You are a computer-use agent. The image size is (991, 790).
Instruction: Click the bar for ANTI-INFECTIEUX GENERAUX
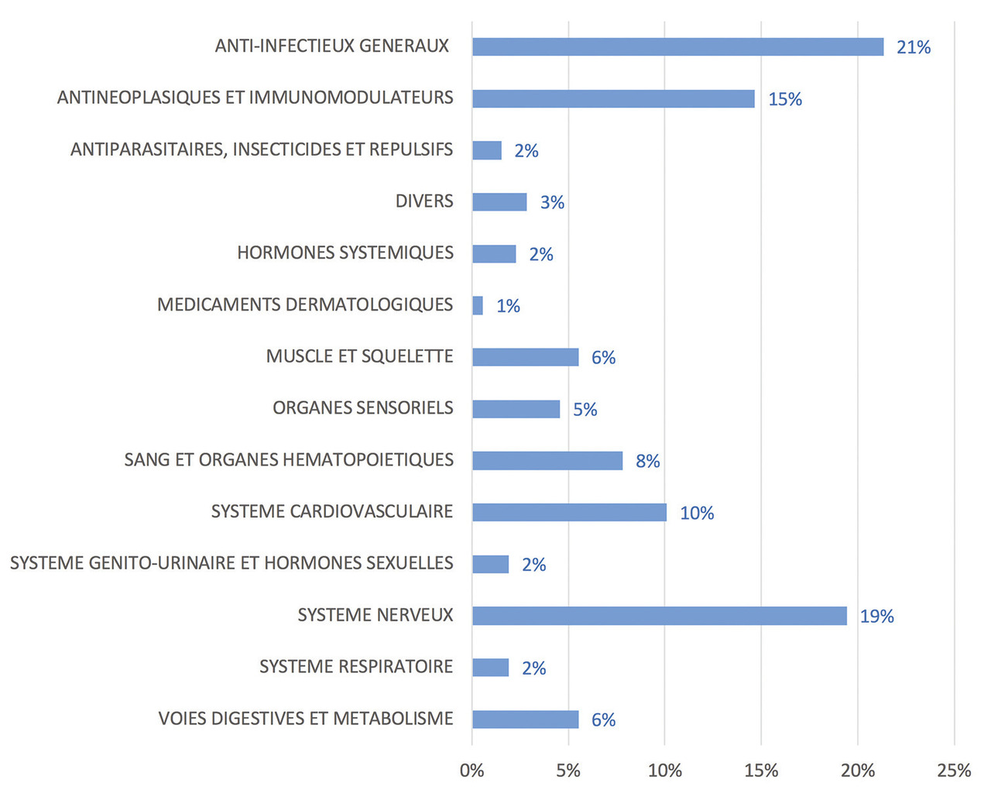(677, 46)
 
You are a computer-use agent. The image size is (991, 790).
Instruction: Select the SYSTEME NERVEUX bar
(660, 616)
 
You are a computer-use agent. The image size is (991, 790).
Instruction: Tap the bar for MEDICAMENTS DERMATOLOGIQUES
(478, 305)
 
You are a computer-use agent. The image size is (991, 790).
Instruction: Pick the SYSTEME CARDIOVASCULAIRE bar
(569, 512)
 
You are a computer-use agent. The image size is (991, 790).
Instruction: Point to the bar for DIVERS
(499, 202)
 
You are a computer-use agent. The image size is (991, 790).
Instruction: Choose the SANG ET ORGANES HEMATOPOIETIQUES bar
(547, 461)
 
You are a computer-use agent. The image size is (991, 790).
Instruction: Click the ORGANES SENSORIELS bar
(516, 409)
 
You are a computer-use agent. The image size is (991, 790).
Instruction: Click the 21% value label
(914, 47)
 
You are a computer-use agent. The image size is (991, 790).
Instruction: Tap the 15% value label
(785, 99)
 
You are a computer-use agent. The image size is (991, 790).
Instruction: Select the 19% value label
(876, 617)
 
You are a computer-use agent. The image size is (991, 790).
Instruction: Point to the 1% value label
(508, 306)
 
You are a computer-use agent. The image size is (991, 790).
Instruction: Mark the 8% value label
(647, 462)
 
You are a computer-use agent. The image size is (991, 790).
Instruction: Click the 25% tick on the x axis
(954, 771)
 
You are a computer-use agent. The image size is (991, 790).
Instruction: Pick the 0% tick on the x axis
(471, 771)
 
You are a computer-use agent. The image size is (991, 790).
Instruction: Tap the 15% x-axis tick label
(761, 771)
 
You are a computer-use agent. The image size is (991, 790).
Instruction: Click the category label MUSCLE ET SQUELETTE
(359, 356)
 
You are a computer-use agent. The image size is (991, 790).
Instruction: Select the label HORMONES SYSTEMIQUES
(345, 253)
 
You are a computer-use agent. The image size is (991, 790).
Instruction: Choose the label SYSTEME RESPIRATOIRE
(356, 667)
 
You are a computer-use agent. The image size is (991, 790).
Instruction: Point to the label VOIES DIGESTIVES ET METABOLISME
(306, 719)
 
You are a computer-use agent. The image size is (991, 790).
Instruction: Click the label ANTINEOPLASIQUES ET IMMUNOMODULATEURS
(255, 98)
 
